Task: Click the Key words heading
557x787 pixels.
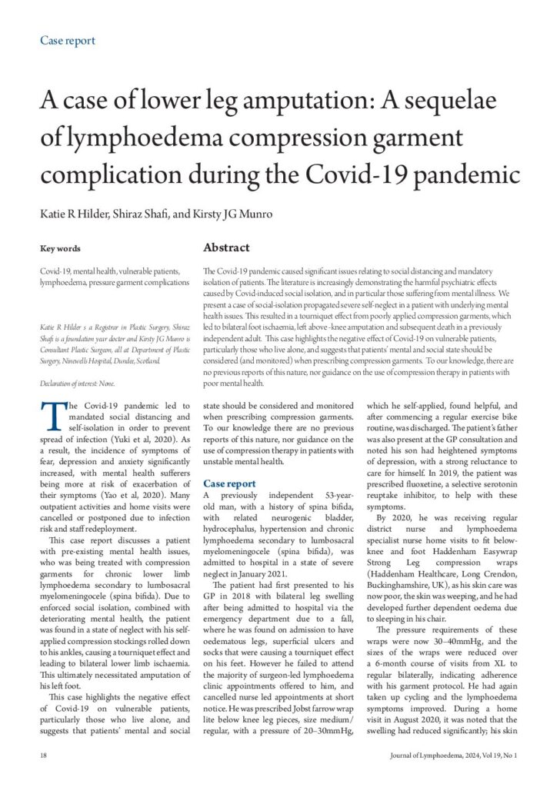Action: coord(60,248)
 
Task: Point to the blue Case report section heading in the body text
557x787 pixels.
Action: coord(230,483)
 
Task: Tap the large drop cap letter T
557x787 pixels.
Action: coord(50,417)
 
